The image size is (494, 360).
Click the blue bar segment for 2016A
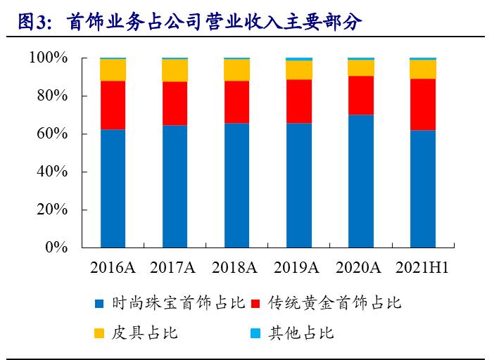coord(113,188)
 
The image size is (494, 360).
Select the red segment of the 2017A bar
coord(175,103)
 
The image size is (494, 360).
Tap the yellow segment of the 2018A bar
coord(236,70)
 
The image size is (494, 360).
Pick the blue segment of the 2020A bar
coord(361,181)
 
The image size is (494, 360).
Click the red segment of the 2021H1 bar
coord(423,104)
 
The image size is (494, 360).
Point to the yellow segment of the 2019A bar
coord(299,70)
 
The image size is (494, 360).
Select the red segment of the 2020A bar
coord(361,95)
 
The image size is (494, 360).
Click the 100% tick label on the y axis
coord(48,58)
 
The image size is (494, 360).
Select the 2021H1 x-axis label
coord(422,268)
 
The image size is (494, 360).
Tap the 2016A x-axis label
coord(113,268)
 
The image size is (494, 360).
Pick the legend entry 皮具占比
coord(144,333)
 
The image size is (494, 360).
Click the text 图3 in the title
coord(31,22)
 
